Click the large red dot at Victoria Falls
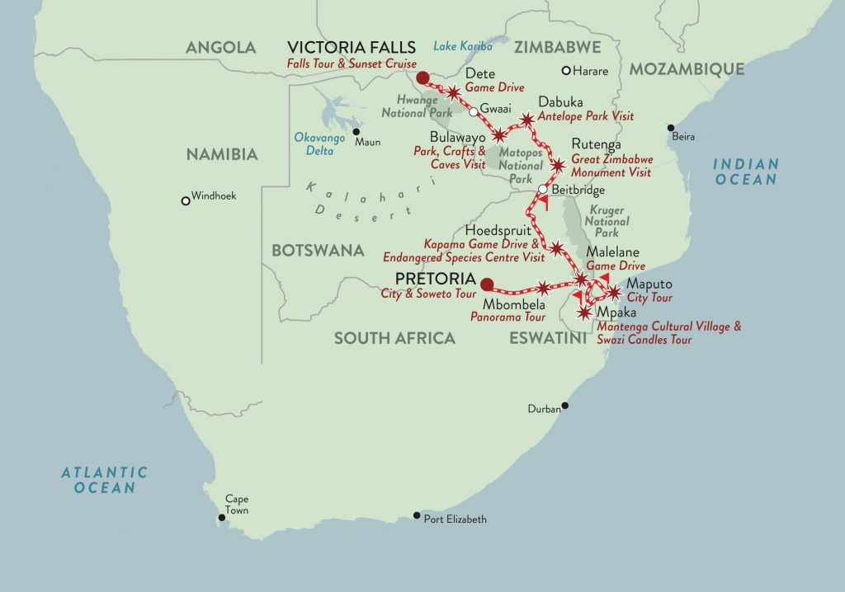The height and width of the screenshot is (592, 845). click(x=422, y=78)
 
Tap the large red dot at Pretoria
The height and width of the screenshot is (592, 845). click(x=487, y=284)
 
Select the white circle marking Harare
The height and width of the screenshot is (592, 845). click(x=566, y=70)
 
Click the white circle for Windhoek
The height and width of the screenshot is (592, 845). click(x=185, y=200)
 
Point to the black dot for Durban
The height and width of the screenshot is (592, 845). click(x=565, y=406)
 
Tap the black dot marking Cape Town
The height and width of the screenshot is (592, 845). click(x=220, y=519)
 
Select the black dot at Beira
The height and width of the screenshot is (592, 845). click(x=670, y=127)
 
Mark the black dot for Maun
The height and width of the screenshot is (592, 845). click(x=356, y=132)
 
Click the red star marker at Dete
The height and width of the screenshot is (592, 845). click(x=453, y=92)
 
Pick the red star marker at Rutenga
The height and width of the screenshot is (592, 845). click(x=558, y=166)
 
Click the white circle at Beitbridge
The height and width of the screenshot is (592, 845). click(x=542, y=190)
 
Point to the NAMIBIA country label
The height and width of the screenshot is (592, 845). click(x=222, y=154)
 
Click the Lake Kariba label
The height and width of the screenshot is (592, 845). click(x=462, y=47)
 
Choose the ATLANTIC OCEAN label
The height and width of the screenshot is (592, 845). click(x=105, y=480)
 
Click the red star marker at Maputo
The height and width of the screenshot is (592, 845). click(x=614, y=292)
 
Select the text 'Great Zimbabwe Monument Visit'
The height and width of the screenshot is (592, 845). click(x=611, y=167)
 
